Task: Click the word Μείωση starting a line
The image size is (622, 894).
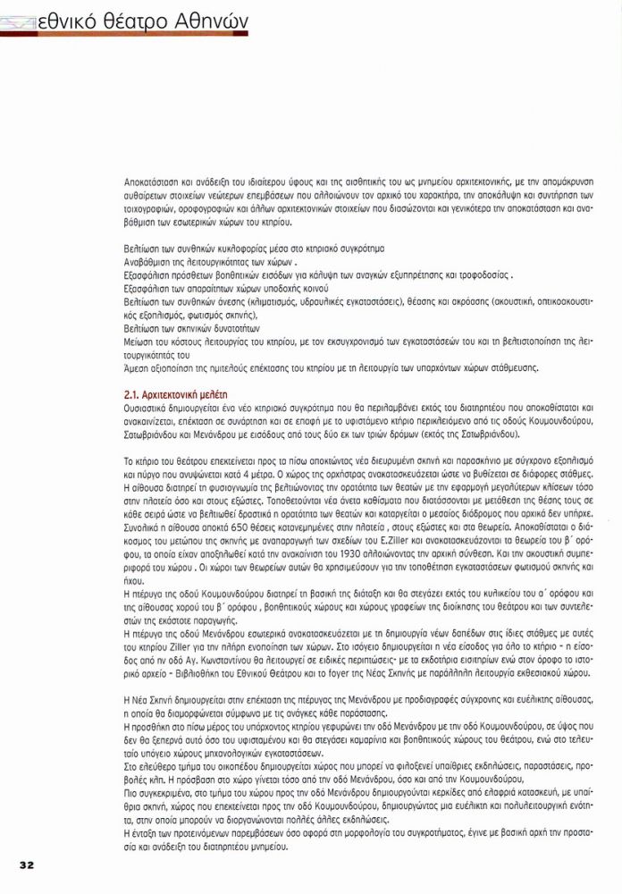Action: point(137,342)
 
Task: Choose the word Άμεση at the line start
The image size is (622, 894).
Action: point(136,367)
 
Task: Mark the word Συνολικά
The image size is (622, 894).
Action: point(141,526)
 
